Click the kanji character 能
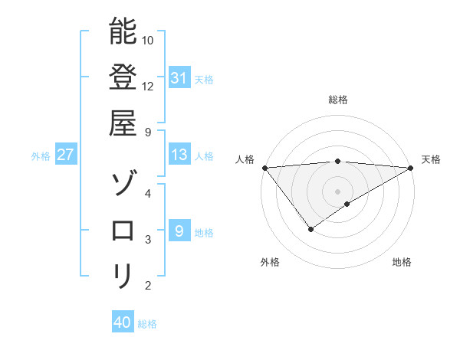(x=123, y=31)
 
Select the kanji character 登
(x=123, y=77)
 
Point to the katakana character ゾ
(x=123, y=184)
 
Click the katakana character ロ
(x=123, y=230)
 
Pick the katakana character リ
(x=123, y=276)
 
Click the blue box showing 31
(x=179, y=78)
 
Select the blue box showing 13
(x=179, y=155)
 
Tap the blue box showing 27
(x=66, y=155)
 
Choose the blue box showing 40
(x=123, y=322)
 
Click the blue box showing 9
(x=179, y=231)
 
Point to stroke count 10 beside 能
(x=148, y=40)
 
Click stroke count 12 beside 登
(x=148, y=86)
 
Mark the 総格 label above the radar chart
(x=338, y=100)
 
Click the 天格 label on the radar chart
(x=432, y=159)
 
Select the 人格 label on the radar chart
(x=245, y=159)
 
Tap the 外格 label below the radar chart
(x=270, y=262)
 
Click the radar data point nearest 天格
(x=412, y=167)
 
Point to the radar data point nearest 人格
(x=264, y=167)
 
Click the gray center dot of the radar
(x=338, y=191)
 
